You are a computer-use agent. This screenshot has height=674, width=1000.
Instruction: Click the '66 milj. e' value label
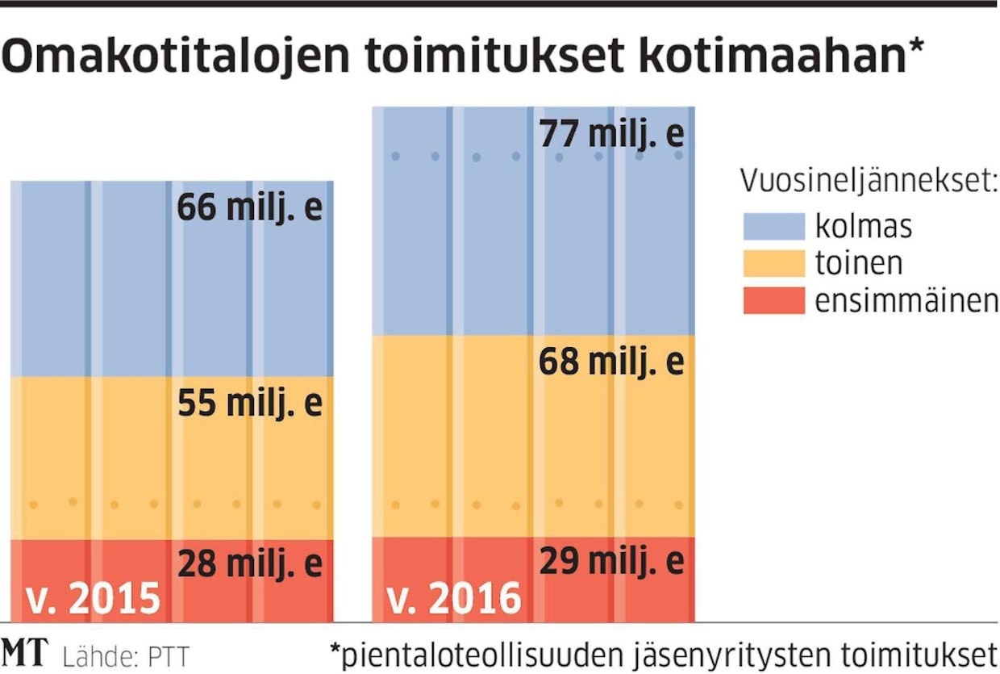pyautogui.click(x=249, y=207)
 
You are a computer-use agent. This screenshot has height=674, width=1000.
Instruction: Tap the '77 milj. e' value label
pyautogui.click(x=611, y=133)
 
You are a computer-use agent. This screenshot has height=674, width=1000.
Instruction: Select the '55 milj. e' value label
pyautogui.click(x=249, y=402)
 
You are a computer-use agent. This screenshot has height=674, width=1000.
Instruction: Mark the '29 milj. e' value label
pyautogui.click(x=611, y=560)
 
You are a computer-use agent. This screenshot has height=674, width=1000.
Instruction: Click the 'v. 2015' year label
pyautogui.click(x=93, y=599)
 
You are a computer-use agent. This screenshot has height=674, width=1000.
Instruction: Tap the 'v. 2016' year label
pyautogui.click(x=454, y=599)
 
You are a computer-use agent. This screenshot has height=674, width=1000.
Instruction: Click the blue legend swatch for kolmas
pyautogui.click(x=773, y=226)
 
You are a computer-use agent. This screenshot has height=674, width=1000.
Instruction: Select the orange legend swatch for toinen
pyautogui.click(x=773, y=263)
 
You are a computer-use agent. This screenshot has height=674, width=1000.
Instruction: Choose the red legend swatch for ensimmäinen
pyautogui.click(x=773, y=300)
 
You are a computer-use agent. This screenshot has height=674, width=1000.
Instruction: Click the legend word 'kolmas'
pyautogui.click(x=863, y=226)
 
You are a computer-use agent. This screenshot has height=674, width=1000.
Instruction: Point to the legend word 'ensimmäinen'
pyautogui.click(x=906, y=300)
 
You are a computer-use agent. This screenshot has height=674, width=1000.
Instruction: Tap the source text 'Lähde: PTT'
pyautogui.click(x=125, y=655)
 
